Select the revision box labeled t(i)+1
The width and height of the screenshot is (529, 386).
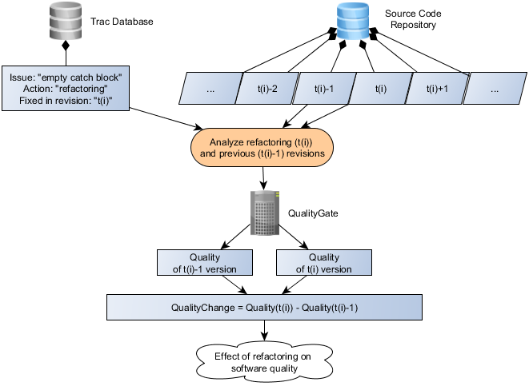pos(439,90)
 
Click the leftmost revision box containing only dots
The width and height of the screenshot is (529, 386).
pos(211,90)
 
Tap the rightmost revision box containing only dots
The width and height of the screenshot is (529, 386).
pos(495,90)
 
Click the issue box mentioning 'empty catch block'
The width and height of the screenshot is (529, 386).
pos(66,88)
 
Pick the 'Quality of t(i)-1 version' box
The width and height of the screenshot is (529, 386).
pos(205,263)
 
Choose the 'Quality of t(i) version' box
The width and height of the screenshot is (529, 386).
pos(323,263)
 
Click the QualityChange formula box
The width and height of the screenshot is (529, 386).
pos(264,308)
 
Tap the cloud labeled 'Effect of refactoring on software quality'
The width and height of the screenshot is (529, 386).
pos(264,362)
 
